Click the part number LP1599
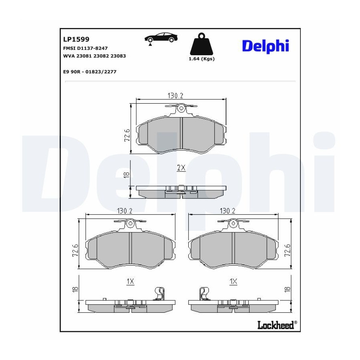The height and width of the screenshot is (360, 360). tap(76, 39)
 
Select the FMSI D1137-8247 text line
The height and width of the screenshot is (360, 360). tap(85, 48)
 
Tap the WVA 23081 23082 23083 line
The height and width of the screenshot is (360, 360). tap(94, 56)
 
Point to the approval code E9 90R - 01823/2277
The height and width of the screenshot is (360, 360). tap(90, 72)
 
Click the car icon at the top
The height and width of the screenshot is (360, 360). tap(161, 38)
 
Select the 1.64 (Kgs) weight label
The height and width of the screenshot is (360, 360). tap(202, 59)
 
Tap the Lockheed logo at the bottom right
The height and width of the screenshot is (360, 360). tap(277, 325)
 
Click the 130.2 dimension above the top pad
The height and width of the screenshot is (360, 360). tap(175, 96)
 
